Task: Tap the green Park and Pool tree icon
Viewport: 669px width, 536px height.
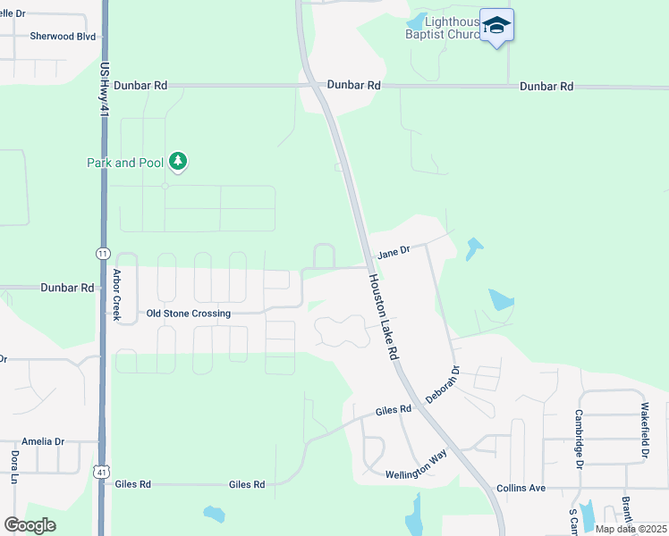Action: pyautogui.click(x=179, y=162)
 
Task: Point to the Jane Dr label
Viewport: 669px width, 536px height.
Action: pyautogui.click(x=393, y=254)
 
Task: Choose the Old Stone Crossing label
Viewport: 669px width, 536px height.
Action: pyautogui.click(x=189, y=314)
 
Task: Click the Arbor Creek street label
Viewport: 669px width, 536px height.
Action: pyautogui.click(x=116, y=296)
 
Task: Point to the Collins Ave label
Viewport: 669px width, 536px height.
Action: pyautogui.click(x=521, y=489)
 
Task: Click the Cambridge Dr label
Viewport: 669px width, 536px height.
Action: pyautogui.click(x=579, y=439)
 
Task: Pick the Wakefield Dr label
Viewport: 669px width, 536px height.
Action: pyautogui.click(x=644, y=431)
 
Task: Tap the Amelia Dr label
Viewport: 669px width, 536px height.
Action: pyautogui.click(x=43, y=441)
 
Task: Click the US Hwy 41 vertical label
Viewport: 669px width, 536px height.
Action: pyautogui.click(x=104, y=88)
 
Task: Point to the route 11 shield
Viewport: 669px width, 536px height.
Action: pyautogui.click(x=102, y=254)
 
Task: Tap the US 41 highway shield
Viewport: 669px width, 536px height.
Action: pyautogui.click(x=102, y=471)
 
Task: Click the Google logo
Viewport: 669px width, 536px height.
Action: pyautogui.click(x=30, y=524)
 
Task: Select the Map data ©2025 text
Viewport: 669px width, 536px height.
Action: pyautogui.click(x=630, y=529)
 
